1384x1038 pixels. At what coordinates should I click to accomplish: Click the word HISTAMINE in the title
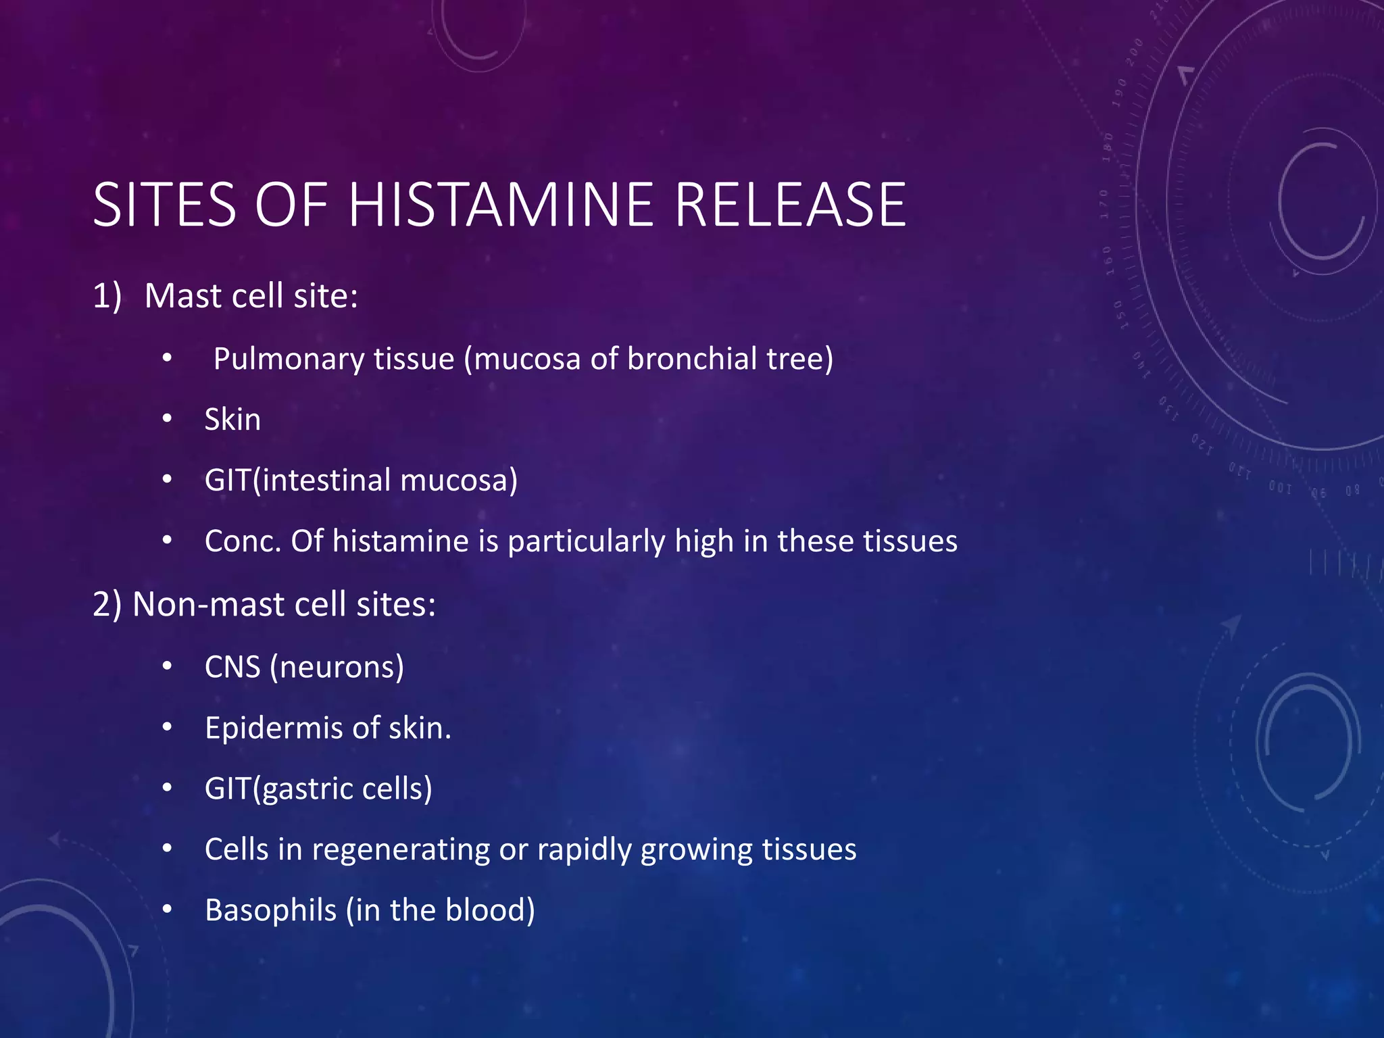(501, 205)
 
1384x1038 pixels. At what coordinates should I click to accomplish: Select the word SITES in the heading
(164, 205)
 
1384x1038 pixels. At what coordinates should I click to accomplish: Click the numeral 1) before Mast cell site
(107, 296)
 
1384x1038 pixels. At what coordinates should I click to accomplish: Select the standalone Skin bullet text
(232, 420)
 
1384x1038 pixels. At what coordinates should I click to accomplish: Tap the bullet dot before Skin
(168, 420)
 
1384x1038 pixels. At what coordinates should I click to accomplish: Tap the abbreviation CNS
(232, 667)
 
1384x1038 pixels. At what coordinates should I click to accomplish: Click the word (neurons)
(337, 668)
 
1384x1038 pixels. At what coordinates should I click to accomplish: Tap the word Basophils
(270, 910)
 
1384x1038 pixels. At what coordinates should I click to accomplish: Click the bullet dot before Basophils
(168, 910)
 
